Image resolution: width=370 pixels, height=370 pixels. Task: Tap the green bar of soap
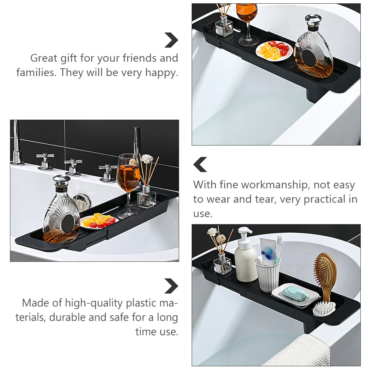(295, 294)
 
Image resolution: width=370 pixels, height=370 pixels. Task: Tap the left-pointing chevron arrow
(200, 164)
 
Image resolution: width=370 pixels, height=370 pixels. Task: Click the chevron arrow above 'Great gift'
(171, 40)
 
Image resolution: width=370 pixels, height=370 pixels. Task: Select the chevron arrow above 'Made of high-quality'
(171, 286)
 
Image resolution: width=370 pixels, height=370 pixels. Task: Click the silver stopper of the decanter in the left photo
(61, 181)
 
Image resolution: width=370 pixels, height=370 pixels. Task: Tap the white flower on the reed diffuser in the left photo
(147, 159)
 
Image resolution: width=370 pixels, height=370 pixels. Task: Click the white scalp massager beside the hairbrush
(324, 308)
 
